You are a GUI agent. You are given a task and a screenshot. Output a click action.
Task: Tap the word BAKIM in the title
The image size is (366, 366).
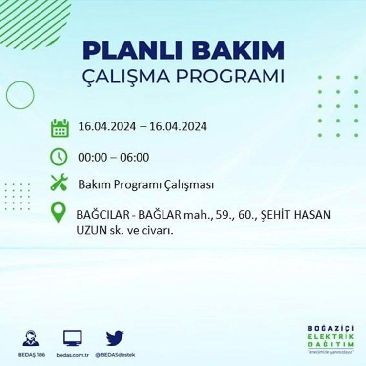tap(237, 51)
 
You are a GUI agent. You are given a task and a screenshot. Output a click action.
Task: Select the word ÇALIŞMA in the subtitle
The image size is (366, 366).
tap(126, 76)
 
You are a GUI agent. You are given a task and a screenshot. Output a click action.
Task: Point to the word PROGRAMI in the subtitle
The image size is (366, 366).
tap(230, 76)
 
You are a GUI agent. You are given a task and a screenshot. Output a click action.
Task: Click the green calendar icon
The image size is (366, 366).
tap(60, 128)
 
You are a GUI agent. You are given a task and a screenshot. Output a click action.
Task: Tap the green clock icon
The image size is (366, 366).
tap(59, 157)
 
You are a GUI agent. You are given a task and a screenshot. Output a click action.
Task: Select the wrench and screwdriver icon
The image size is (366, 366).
tap(59, 182)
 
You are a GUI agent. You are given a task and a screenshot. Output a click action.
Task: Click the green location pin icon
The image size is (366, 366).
tap(59, 212)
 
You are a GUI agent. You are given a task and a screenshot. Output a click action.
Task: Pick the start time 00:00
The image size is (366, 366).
tap(92, 157)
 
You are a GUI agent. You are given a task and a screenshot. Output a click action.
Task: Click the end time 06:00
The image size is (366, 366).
tap(135, 157)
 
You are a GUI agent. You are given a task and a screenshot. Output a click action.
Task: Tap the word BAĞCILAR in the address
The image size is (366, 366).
tap(103, 215)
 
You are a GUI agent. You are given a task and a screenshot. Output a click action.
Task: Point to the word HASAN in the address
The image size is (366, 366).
tap(312, 215)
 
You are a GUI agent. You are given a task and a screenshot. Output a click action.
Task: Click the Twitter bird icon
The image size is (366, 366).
tap(115, 338)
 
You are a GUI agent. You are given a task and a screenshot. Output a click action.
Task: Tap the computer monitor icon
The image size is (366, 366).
tap(73, 339)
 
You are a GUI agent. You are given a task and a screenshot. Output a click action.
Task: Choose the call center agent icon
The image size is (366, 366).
tap(31, 338)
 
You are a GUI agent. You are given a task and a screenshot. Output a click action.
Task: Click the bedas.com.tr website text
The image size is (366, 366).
tap(73, 355)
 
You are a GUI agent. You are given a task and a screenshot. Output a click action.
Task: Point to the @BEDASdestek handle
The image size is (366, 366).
tap(115, 355)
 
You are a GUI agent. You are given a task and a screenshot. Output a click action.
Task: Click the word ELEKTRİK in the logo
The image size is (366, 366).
tap(331, 337)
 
